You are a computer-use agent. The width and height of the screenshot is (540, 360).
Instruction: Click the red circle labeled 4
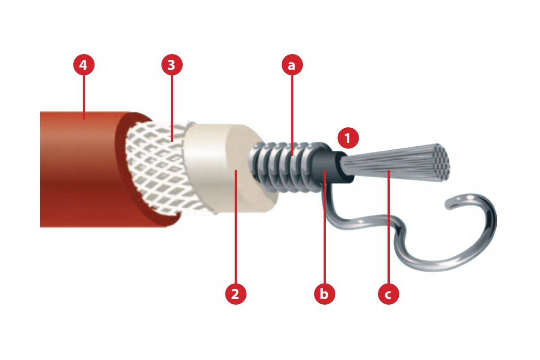point(84,65)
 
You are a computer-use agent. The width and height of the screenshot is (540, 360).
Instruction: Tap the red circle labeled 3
point(171,65)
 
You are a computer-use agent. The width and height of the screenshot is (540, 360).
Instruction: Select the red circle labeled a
point(292,65)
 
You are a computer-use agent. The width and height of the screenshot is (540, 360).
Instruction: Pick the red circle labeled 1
point(348,138)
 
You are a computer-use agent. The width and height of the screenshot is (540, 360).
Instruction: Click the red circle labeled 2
point(235,294)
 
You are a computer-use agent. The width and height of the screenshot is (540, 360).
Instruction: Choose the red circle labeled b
point(324,294)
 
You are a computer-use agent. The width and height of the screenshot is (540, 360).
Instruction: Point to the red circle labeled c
point(388,294)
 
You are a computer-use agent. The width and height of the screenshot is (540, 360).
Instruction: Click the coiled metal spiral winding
point(284,166)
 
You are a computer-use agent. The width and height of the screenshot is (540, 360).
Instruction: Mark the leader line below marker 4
point(84,97)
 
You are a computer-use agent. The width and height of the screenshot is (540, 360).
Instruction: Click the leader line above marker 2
point(236,227)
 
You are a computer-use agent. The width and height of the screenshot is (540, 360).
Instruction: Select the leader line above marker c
point(389,227)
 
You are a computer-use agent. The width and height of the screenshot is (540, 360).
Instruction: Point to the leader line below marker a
point(292,115)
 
